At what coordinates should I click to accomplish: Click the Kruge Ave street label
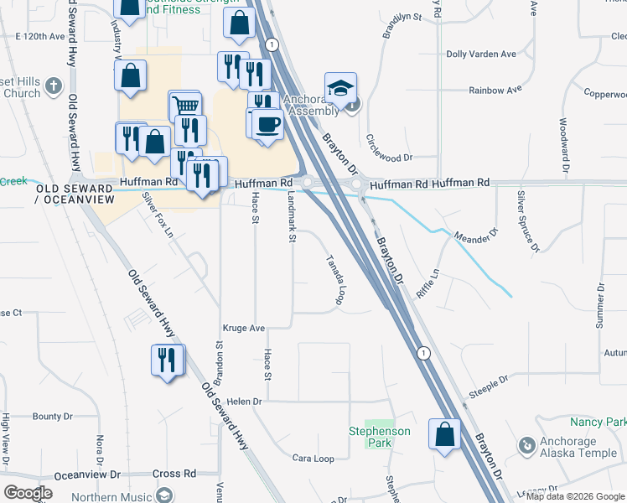pos(244,328)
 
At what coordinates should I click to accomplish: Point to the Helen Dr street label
pos(238,402)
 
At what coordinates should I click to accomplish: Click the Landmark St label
pos(292,215)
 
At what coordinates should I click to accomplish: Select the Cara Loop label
pos(313,459)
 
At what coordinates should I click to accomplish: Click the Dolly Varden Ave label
pos(481,54)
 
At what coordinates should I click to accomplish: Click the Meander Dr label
pos(475,234)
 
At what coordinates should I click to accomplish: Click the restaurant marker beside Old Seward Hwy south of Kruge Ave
pos(167,360)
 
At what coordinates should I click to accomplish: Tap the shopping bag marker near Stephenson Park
pos(443,433)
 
